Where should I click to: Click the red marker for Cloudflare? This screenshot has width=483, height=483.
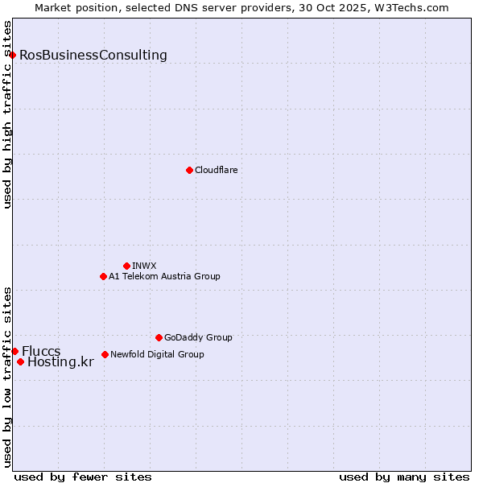[189, 170]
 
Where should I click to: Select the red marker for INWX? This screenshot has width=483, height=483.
[126, 266]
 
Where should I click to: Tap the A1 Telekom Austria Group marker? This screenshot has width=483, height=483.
[103, 276]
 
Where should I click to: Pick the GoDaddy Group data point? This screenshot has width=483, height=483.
[159, 337]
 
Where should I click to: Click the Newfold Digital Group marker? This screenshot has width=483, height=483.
[105, 354]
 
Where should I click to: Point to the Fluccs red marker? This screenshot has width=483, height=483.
[14, 351]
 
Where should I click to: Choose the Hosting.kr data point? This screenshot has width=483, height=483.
[20, 361]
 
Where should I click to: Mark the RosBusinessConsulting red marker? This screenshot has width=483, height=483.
[12, 55]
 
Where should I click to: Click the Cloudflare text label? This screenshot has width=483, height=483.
[217, 170]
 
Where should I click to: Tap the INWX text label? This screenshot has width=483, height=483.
[144, 266]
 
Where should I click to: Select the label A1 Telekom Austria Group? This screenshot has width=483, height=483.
[164, 276]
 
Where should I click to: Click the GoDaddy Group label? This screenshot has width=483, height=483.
[198, 337]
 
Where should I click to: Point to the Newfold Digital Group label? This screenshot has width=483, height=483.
[157, 354]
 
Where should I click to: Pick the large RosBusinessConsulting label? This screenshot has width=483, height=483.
[93, 55]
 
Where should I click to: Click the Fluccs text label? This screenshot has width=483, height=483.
[41, 351]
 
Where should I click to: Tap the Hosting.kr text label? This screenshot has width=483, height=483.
[60, 362]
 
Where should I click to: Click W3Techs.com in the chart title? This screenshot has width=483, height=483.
[415, 7]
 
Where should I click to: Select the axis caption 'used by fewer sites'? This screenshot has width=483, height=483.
[83, 477]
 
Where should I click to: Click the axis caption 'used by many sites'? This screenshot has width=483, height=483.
[404, 477]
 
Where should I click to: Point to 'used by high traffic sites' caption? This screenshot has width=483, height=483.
[8, 114]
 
